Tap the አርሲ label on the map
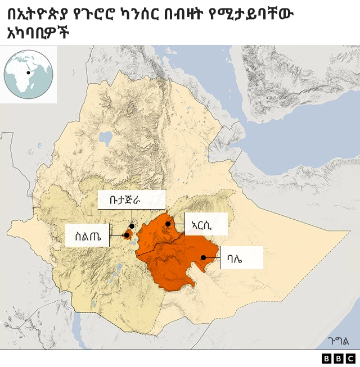205,224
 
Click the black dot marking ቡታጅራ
132,226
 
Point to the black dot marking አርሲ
168,224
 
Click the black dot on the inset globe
28,73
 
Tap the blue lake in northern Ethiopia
105,138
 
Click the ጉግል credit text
338,341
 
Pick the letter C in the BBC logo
350,358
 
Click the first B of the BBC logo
327,358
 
